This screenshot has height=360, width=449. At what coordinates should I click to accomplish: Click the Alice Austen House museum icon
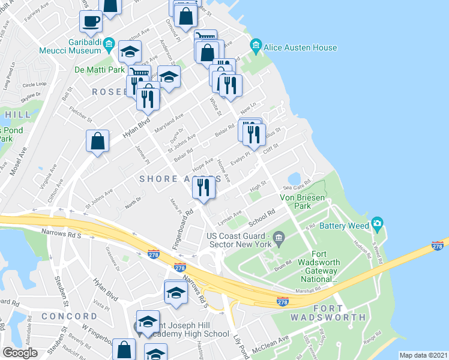256,46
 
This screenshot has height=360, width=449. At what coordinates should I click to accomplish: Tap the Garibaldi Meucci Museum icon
109,44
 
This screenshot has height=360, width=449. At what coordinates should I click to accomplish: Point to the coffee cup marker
91,22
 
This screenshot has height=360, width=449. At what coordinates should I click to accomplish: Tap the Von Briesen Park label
303,201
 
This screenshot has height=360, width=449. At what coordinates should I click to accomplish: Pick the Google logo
20,352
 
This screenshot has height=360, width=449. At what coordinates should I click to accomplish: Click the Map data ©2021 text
423,355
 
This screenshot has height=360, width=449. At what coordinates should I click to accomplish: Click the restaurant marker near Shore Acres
203,188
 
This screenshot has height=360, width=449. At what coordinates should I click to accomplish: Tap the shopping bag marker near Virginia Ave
97,142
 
